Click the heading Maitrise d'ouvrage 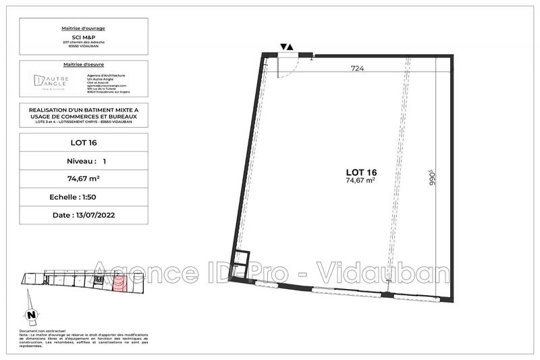click(83, 28)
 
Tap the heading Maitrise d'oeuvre click(83, 65)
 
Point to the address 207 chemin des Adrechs click(83, 43)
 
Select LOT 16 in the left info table click(83, 143)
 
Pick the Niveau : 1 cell click(83, 161)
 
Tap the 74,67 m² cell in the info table click(83, 178)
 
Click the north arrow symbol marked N click(30, 315)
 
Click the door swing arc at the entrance click(289, 67)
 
